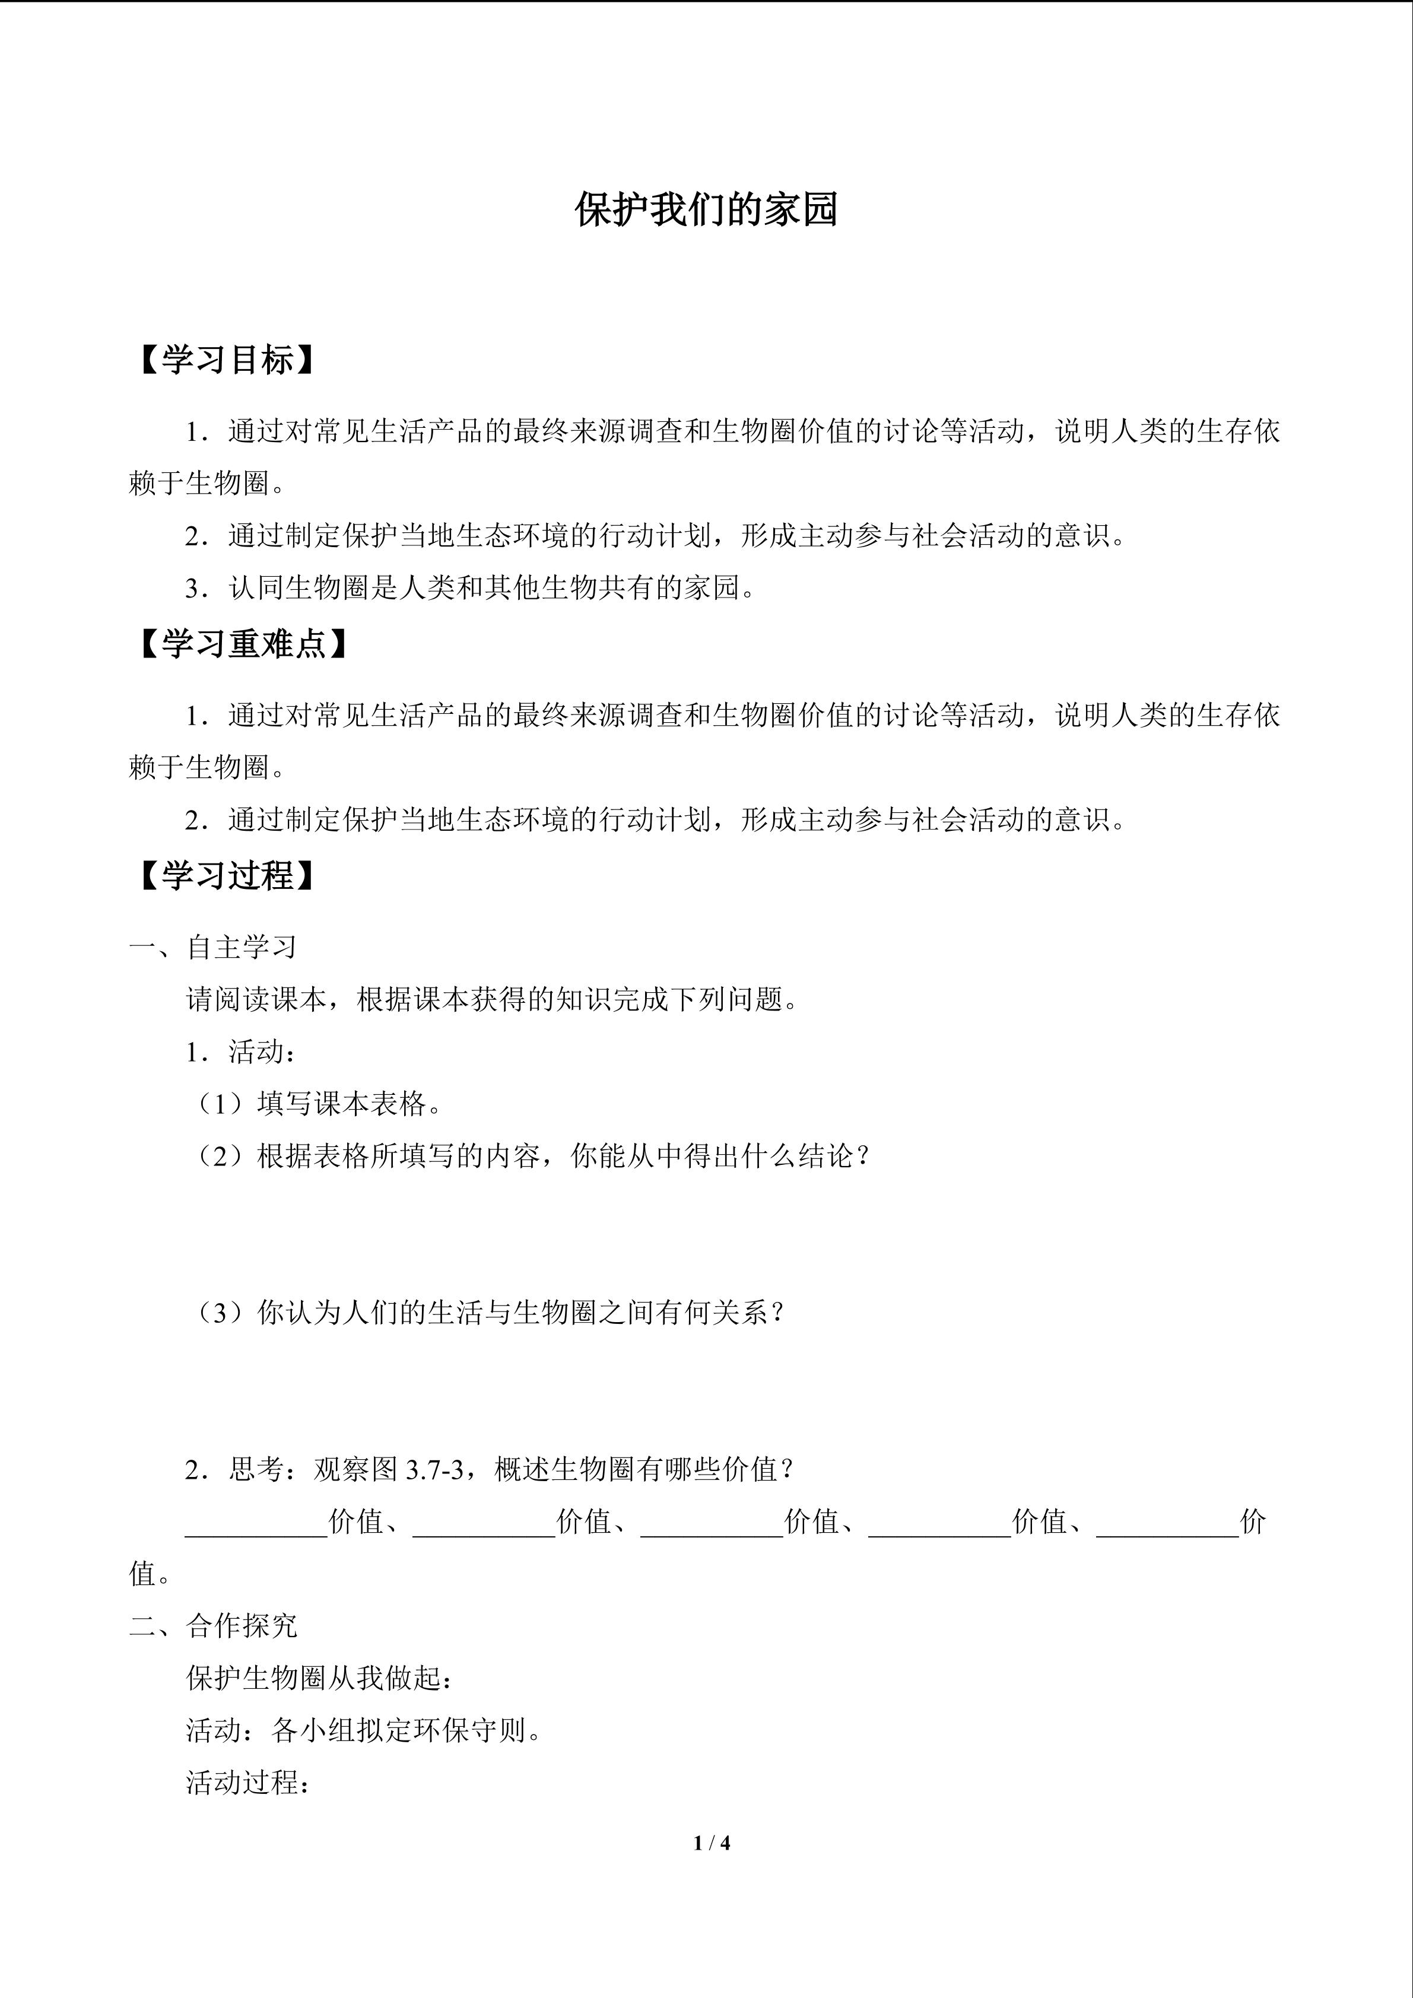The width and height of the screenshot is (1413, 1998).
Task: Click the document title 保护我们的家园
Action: pyautogui.click(x=706, y=211)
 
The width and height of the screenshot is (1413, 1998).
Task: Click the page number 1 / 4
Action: pyautogui.click(x=712, y=1843)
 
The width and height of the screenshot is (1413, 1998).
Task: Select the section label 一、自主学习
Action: pyautogui.click(x=213, y=947)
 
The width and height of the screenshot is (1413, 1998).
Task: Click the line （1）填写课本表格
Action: pyautogui.click(x=317, y=1104)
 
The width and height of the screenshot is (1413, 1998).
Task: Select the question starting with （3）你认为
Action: pyautogui.click(x=487, y=1313)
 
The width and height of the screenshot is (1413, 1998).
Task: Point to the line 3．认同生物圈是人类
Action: pyautogui.click(x=470, y=588)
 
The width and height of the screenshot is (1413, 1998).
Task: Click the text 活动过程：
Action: pyautogui.click(x=249, y=1783)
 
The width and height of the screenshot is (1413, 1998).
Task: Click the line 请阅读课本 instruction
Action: pyautogui.click(x=493, y=999)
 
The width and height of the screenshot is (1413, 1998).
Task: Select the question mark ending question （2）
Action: pyautogui.click(x=862, y=1157)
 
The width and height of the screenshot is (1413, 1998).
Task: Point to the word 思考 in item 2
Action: pyautogui.click(x=257, y=1470)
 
